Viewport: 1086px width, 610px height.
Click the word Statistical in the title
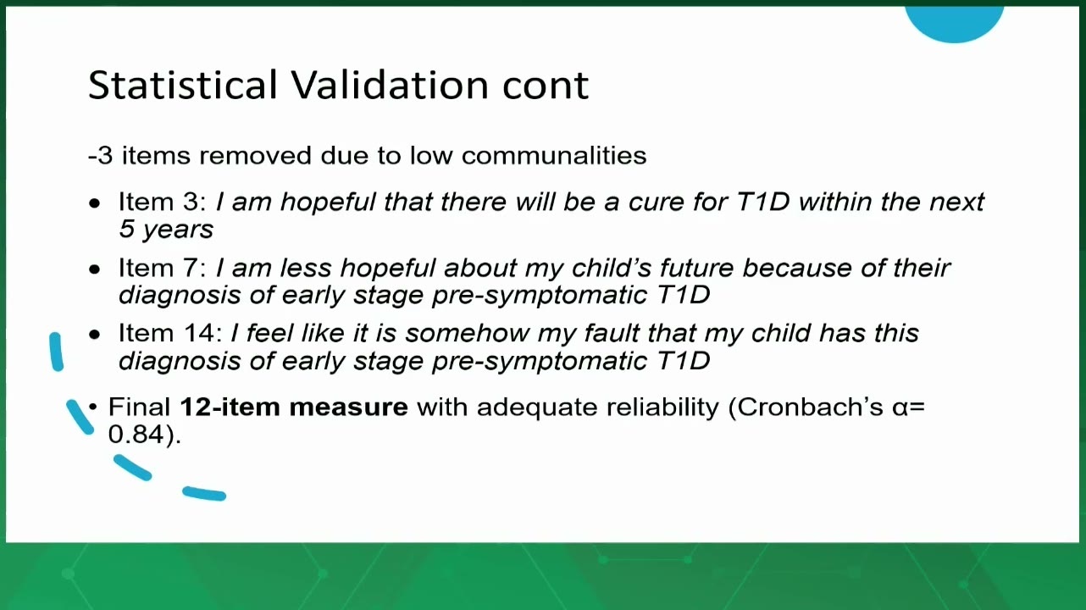point(183,85)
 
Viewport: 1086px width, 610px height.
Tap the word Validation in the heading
point(390,85)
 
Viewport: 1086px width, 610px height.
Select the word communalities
point(554,156)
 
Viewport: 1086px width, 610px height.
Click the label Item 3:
point(163,202)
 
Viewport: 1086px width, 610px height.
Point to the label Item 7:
point(163,268)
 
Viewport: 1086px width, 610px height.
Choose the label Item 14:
point(170,333)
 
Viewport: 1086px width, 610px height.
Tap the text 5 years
point(166,230)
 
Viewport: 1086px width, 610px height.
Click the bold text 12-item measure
point(294,407)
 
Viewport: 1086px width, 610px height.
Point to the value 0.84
point(136,434)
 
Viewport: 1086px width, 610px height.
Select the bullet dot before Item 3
point(95,202)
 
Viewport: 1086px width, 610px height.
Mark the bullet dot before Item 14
point(95,335)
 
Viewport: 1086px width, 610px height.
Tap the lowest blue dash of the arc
point(204,494)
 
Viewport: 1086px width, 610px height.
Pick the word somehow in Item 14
point(467,333)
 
